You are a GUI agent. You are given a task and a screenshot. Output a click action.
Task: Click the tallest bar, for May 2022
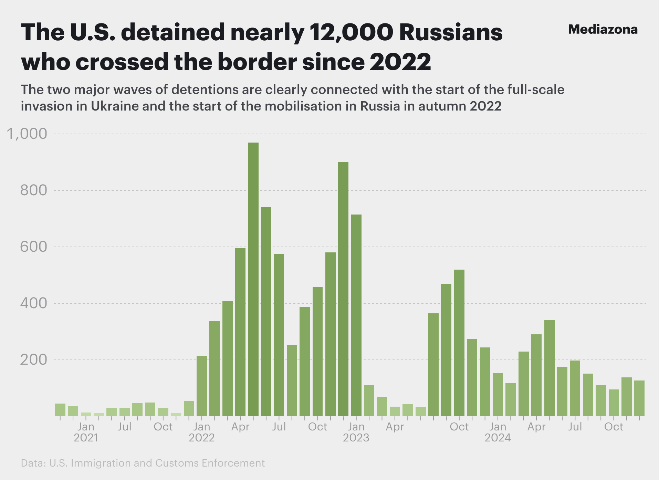point(253,279)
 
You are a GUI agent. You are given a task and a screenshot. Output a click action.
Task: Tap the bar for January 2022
point(202,386)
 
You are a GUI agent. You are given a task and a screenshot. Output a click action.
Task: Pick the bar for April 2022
point(240,332)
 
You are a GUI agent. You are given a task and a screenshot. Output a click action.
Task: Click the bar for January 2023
point(356,315)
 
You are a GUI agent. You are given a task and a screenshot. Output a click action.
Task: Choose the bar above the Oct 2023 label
point(459,343)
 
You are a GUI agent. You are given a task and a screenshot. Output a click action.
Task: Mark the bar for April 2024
point(536,375)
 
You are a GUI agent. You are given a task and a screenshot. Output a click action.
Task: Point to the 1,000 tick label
point(27,134)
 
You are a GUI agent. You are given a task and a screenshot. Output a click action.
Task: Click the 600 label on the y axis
point(33,247)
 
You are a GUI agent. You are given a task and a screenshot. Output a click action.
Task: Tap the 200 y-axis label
point(33,360)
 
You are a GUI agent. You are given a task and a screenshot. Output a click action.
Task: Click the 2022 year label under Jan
point(202,438)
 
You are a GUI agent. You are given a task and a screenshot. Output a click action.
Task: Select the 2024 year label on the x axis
point(498,438)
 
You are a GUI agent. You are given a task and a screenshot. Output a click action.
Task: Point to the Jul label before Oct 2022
point(279,427)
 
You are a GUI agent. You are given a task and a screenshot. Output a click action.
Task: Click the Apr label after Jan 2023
point(395,427)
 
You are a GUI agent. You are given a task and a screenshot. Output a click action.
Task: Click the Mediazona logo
point(603,30)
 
